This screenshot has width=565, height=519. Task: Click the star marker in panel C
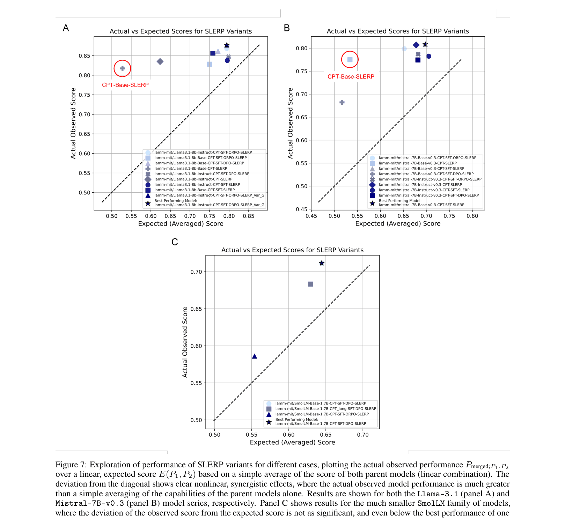[322, 263]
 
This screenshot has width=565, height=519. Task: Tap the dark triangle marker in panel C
[255, 356]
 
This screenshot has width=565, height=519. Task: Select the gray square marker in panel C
[310, 284]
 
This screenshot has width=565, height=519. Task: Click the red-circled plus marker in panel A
[122, 68]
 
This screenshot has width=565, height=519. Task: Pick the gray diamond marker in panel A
[160, 61]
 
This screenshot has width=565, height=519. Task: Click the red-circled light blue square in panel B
[350, 60]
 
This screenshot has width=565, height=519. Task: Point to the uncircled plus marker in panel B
[342, 102]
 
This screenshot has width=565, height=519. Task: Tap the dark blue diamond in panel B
[416, 45]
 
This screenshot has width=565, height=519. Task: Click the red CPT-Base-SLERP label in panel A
[125, 85]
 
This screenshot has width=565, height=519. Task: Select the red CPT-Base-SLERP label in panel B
[351, 76]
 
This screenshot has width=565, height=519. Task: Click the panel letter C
[175, 242]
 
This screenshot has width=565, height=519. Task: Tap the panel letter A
[66, 28]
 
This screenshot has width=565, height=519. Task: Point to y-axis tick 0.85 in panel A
[84, 56]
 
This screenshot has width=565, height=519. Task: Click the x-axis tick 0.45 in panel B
[311, 216]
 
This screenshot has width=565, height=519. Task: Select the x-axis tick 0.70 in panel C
[362, 435]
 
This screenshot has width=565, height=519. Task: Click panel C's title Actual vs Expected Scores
[292, 250]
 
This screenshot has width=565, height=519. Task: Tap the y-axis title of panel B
[290, 123]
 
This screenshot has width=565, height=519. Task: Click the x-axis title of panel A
[181, 224]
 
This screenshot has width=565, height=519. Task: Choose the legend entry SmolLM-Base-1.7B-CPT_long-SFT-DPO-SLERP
[325, 409]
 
